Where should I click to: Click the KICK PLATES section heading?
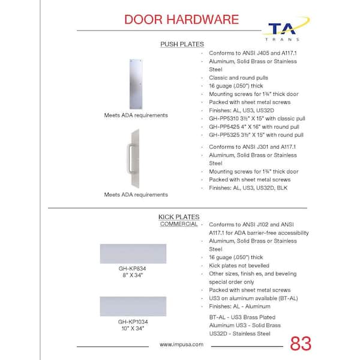(179, 217)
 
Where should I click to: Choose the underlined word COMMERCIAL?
(179, 224)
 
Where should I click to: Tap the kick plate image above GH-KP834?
(133, 253)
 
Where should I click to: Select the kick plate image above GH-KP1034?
(133, 306)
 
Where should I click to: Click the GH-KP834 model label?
(133, 268)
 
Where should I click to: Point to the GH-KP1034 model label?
(133, 321)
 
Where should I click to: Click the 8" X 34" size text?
(133, 275)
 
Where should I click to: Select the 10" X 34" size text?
(133, 328)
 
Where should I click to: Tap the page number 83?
(301, 344)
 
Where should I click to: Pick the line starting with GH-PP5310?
(258, 119)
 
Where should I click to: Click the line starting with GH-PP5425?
(254, 127)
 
